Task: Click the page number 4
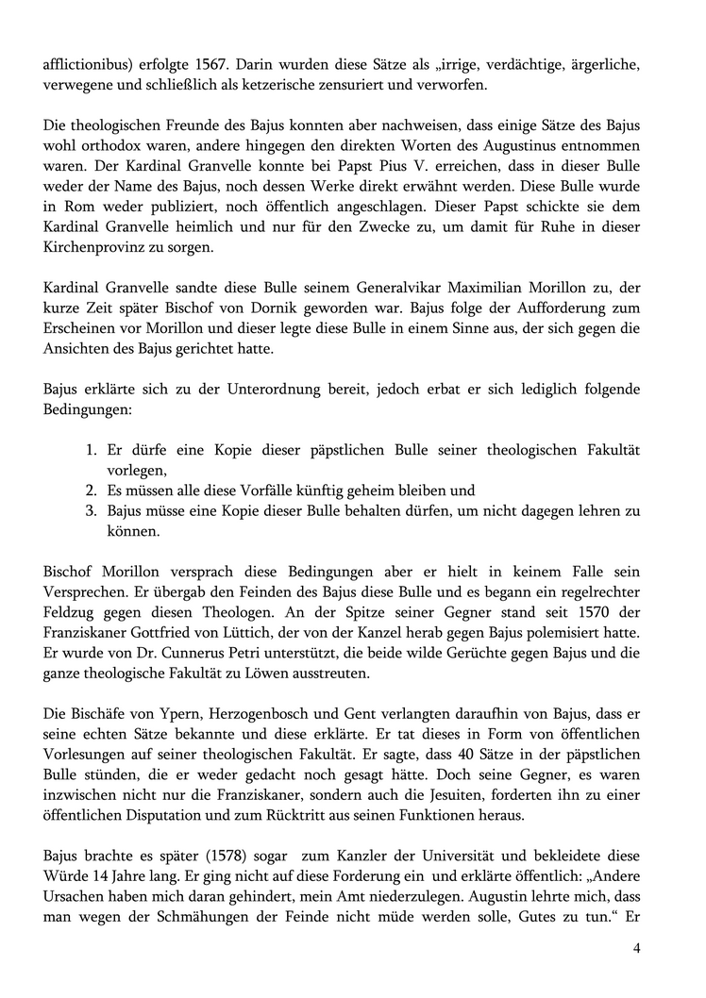[636, 947]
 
